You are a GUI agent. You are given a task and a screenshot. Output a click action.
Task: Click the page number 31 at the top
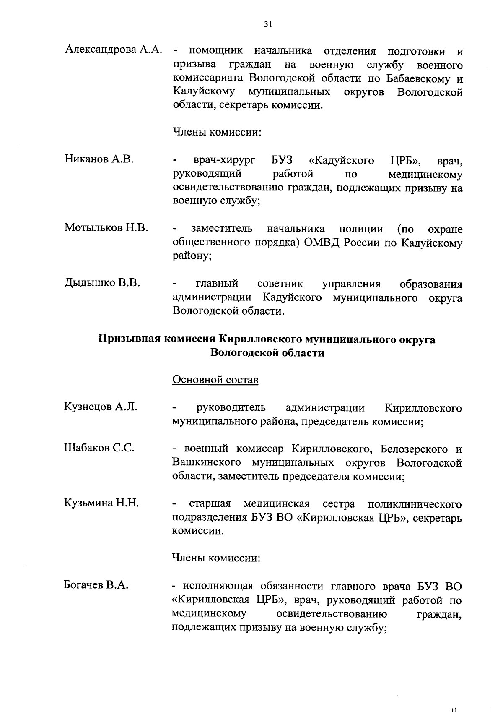(x=268, y=24)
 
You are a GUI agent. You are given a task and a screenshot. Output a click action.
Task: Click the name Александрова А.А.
(x=113, y=50)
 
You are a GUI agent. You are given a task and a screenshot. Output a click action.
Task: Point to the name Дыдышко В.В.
(x=102, y=283)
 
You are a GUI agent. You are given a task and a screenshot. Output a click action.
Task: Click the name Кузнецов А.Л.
(x=101, y=407)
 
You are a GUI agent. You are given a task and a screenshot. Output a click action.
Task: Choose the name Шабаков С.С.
(x=99, y=448)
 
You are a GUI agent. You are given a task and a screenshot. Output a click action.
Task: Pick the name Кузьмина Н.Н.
(x=101, y=503)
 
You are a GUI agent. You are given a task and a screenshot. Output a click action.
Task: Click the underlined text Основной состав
(x=215, y=380)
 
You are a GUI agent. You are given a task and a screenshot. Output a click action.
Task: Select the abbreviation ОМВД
(x=326, y=243)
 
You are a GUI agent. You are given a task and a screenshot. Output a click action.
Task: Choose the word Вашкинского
(x=207, y=463)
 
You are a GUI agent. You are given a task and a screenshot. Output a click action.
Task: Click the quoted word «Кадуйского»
(x=341, y=160)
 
